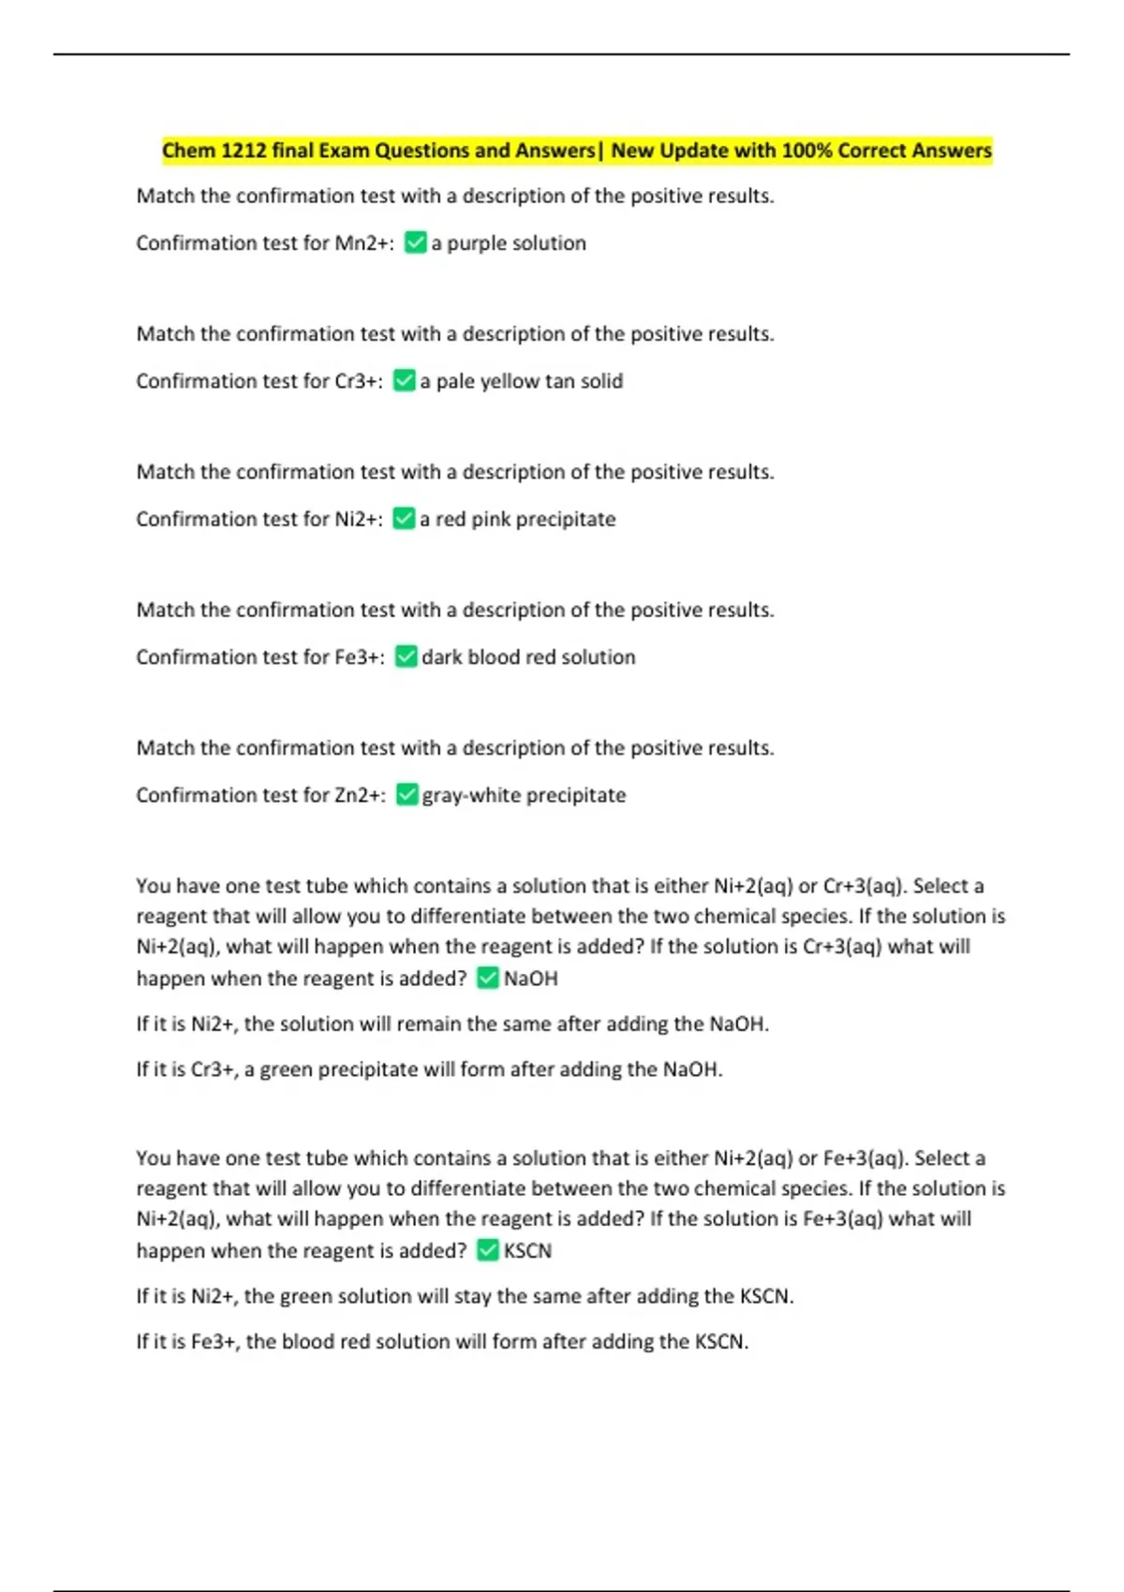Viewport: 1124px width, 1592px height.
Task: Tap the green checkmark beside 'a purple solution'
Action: click(415, 243)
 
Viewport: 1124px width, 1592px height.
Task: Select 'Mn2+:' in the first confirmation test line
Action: click(364, 243)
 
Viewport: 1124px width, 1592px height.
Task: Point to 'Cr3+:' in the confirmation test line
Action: click(359, 381)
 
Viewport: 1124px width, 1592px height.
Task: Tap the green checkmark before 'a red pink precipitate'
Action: click(404, 519)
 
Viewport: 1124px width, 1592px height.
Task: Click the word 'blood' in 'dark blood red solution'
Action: click(494, 657)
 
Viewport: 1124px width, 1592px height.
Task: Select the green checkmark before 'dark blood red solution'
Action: click(406, 657)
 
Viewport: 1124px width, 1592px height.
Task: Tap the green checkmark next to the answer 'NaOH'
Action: click(488, 979)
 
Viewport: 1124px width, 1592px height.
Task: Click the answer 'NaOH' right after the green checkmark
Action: click(530, 979)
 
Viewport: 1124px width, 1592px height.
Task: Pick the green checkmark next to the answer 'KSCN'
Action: click(488, 1251)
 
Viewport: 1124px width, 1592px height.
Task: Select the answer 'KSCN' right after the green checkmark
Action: click(527, 1251)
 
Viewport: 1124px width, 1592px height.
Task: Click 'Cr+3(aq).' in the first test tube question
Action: click(865, 886)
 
